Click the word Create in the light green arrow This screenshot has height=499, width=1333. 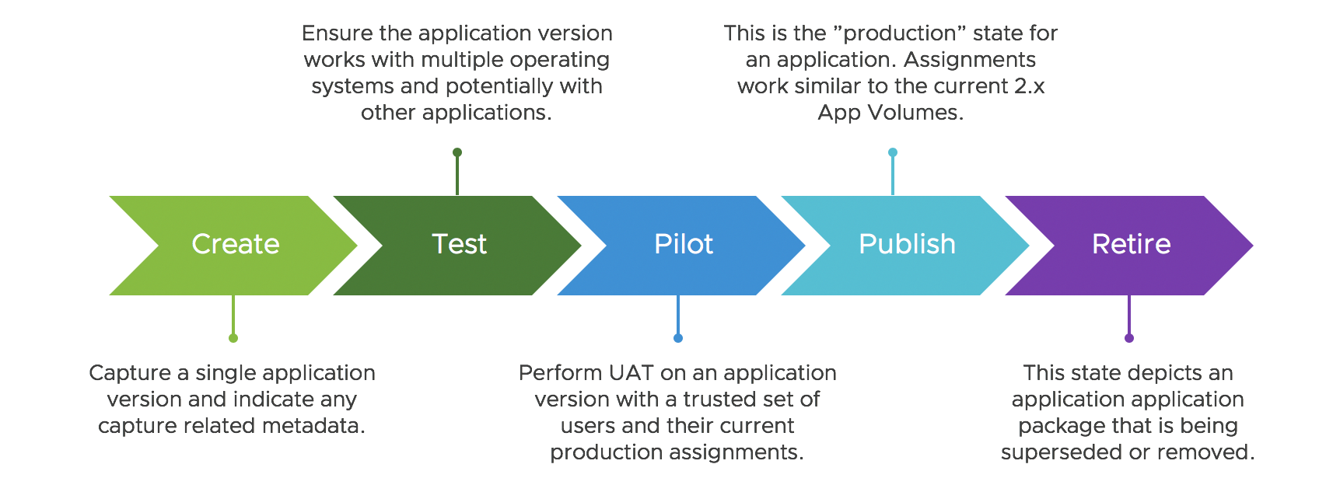pyautogui.click(x=235, y=244)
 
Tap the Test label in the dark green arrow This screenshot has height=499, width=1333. pyautogui.click(x=459, y=244)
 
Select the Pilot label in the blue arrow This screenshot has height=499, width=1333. pyautogui.click(x=683, y=244)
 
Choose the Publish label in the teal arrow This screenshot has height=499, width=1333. pyautogui.click(x=907, y=244)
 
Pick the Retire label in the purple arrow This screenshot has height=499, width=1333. pyautogui.click(x=1131, y=244)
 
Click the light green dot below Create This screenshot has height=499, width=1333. pyautogui.click(x=233, y=338)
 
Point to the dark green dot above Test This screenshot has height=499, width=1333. pyautogui.click(x=457, y=152)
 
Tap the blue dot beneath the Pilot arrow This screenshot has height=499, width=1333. pyautogui.click(x=678, y=338)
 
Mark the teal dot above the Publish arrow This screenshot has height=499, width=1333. pyautogui.click(x=893, y=152)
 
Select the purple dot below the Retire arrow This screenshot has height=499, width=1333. pyautogui.click(x=1129, y=338)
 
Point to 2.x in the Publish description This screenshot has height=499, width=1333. pyautogui.click(x=1029, y=86)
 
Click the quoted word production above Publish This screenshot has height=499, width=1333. pyautogui.click(x=893, y=33)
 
